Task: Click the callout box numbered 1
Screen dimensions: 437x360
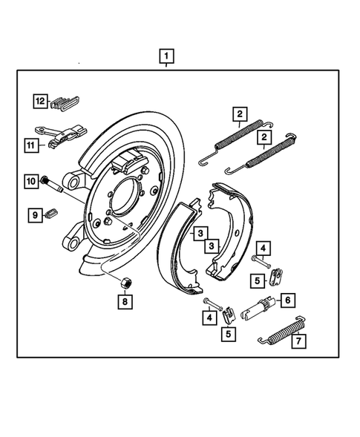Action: pos(167,56)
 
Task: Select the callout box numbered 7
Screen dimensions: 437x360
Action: pos(298,341)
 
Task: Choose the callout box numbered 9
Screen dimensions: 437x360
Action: pos(34,215)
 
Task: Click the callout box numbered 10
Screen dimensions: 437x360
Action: pos(31,180)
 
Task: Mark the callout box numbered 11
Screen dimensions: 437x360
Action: pos(31,145)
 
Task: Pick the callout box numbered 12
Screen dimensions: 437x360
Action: pos(40,101)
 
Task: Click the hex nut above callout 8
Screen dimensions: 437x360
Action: pos(125,282)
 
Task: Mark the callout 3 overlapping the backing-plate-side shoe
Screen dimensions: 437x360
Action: pos(200,234)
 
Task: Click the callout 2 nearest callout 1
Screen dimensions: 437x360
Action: pos(239,114)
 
